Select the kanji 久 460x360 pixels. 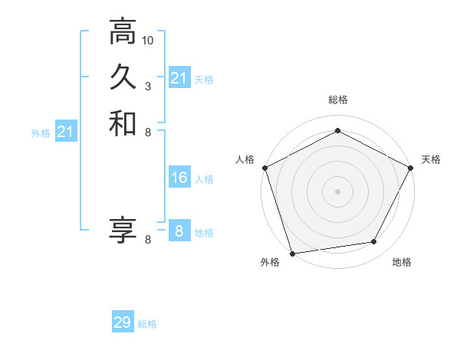pos(123,77)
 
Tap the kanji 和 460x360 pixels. pos(123,123)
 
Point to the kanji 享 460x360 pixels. pos(123,228)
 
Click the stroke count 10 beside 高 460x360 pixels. pos(148,39)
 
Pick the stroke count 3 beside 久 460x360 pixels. pos(148,85)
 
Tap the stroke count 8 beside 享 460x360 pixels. pos(148,239)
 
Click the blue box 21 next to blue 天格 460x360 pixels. pos(179,78)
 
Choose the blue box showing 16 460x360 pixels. pos(179,178)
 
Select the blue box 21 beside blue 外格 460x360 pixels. pos(66,133)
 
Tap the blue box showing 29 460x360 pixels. pos(122,322)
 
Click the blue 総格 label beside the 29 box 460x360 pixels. pos(147,324)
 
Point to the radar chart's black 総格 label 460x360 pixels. pos(337,100)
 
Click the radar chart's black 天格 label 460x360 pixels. pos(431,159)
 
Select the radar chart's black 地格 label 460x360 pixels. pos(402,263)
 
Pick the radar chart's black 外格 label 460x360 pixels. pos(270,263)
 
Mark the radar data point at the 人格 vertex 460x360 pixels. pos(264,167)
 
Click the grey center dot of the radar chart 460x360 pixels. pos(337,191)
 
